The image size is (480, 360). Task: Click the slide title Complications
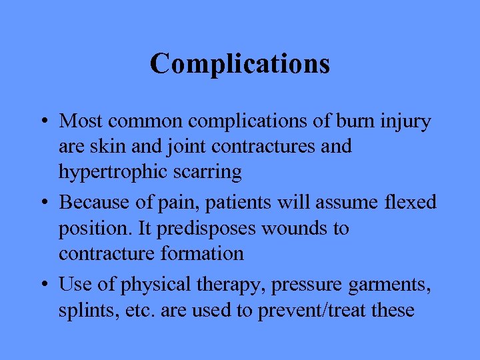(x=240, y=64)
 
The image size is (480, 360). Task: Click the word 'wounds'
(x=292, y=228)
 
